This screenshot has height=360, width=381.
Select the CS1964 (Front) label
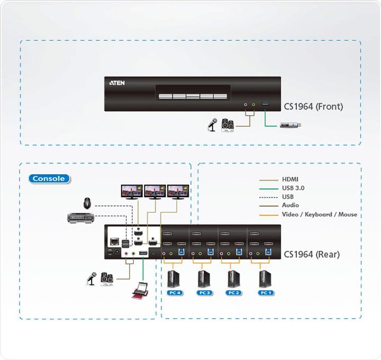(x=314, y=106)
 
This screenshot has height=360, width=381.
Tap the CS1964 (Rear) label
(x=312, y=254)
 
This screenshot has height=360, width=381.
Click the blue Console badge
(x=49, y=178)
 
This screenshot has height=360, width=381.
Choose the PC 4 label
(x=174, y=292)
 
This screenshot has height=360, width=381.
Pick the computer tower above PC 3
(x=203, y=277)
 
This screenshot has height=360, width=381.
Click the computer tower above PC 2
(x=233, y=277)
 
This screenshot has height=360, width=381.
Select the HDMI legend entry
(x=291, y=179)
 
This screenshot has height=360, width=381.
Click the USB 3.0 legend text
(x=293, y=188)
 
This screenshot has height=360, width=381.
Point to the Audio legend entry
(x=291, y=205)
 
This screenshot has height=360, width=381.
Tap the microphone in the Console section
(x=91, y=278)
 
